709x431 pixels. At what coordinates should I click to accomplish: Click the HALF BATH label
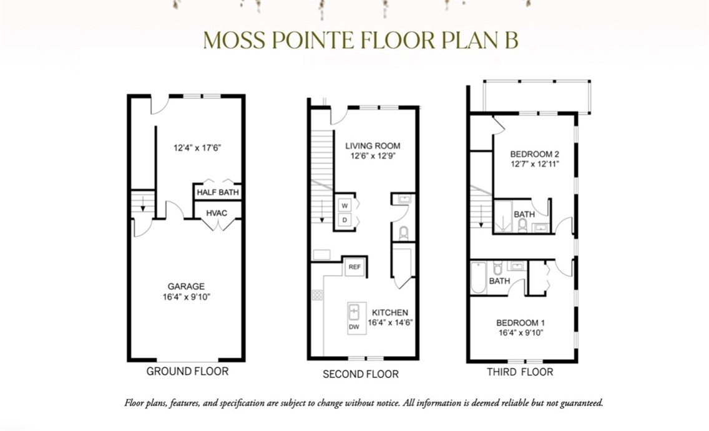click(217, 193)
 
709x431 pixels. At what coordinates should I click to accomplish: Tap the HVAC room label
click(217, 213)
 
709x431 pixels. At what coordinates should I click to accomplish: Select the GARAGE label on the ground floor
click(186, 286)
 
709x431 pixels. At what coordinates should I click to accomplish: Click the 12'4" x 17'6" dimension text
click(197, 148)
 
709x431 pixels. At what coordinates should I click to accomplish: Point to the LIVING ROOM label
click(373, 146)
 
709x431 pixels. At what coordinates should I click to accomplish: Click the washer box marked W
click(345, 206)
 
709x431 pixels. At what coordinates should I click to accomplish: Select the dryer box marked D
click(345, 220)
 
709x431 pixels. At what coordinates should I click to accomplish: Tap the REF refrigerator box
click(355, 267)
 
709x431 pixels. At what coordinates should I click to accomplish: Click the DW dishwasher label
click(354, 327)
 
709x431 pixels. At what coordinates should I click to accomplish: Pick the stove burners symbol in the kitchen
click(317, 295)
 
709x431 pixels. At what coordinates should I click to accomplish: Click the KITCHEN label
click(390, 312)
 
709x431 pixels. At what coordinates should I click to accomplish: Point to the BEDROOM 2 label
click(534, 154)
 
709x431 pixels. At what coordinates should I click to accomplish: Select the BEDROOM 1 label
click(521, 323)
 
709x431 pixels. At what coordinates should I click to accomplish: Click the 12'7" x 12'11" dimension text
click(535, 164)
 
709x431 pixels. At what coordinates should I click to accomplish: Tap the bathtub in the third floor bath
click(478, 278)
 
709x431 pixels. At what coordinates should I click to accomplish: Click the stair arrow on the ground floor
click(143, 204)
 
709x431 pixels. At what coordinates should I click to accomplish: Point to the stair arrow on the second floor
click(321, 211)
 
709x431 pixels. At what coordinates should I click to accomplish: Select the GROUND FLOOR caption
click(187, 371)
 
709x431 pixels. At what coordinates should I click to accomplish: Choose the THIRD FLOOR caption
click(520, 372)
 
